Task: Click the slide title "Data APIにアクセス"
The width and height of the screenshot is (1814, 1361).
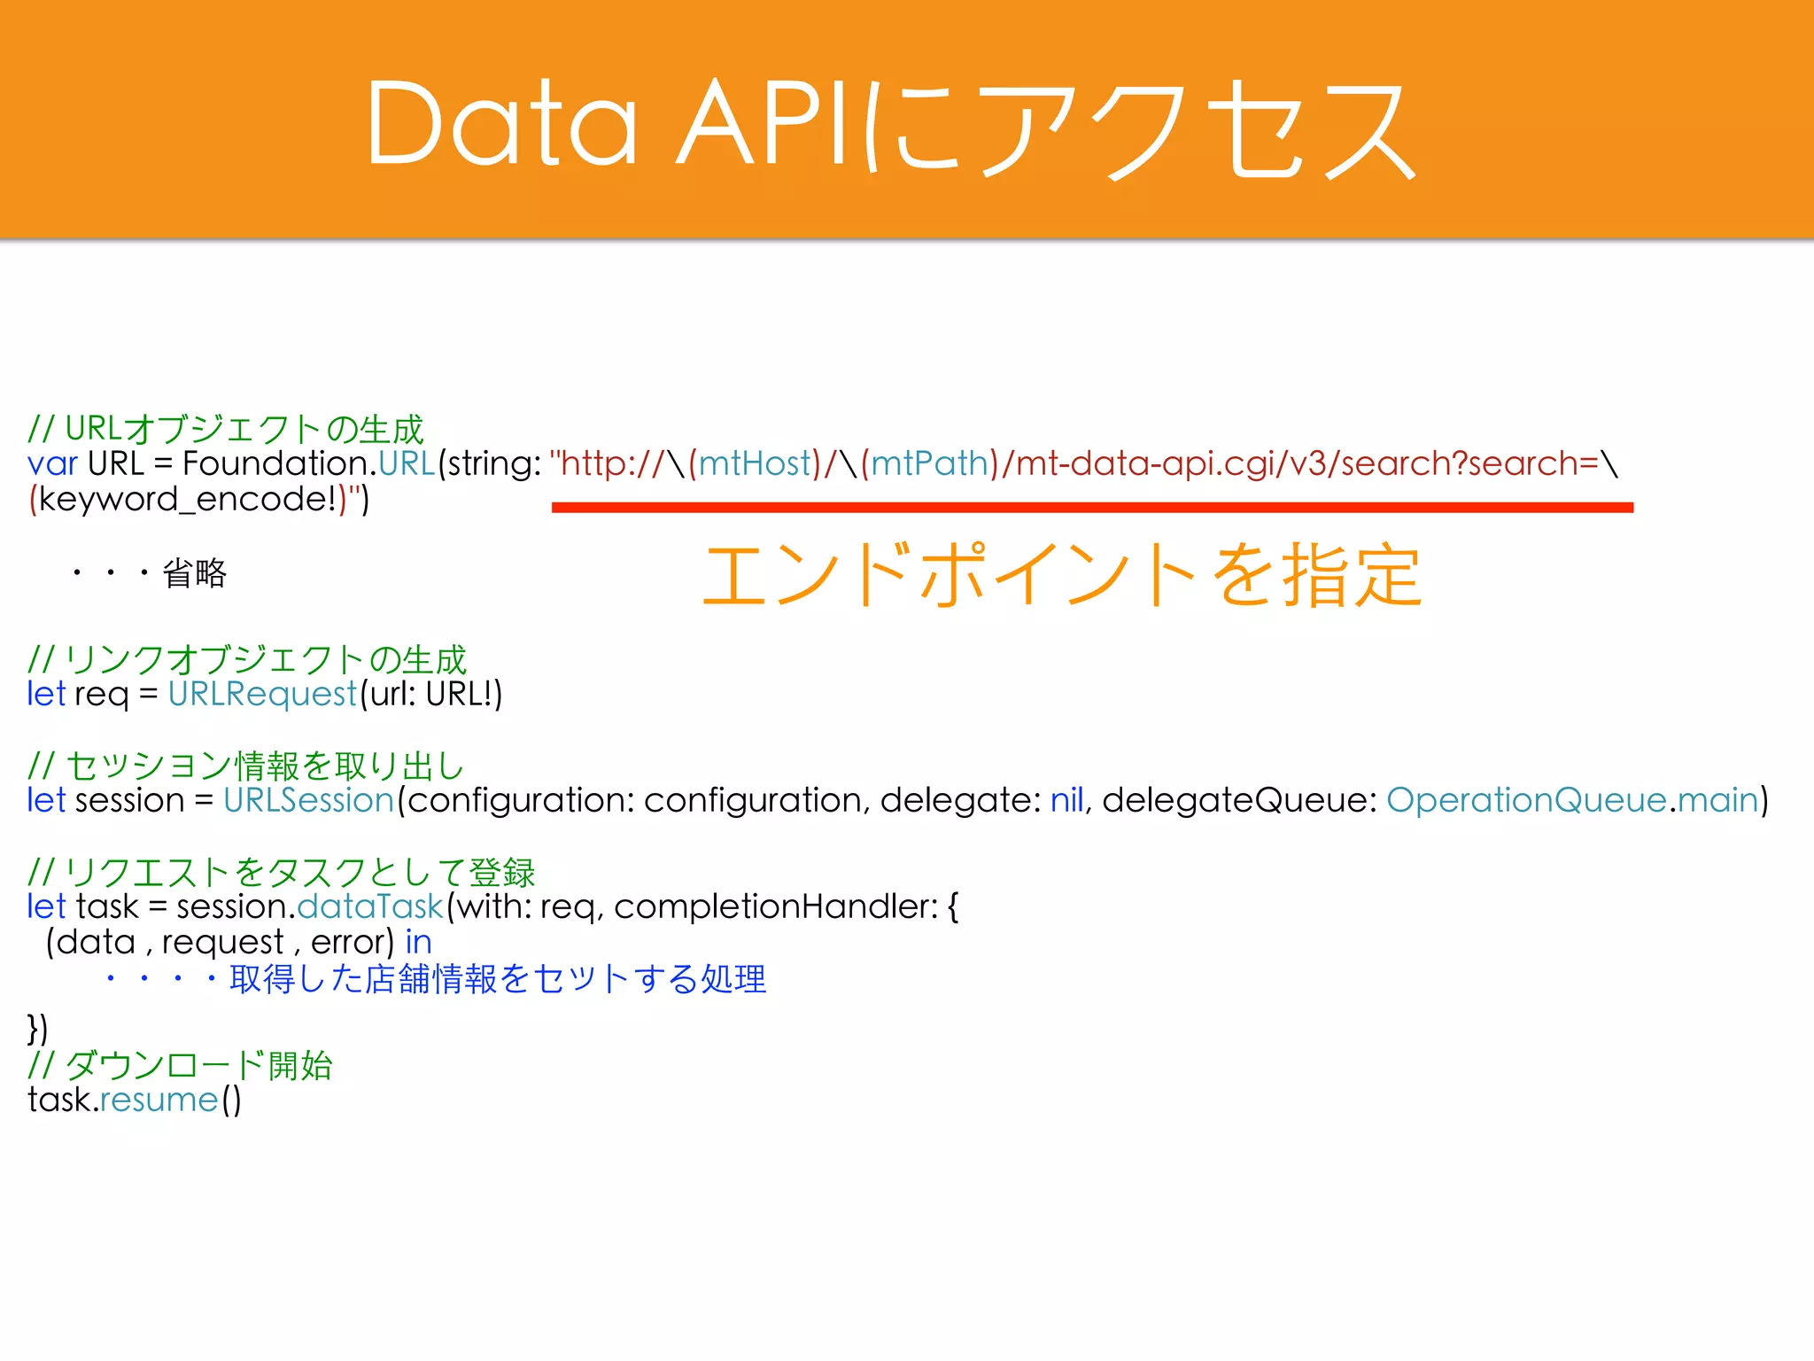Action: click(890, 124)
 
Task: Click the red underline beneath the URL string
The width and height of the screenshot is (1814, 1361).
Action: click(1091, 508)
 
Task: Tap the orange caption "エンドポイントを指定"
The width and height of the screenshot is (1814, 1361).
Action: click(1061, 576)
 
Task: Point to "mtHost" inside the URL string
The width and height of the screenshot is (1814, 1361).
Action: click(755, 463)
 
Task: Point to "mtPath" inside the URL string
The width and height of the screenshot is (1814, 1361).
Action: click(928, 463)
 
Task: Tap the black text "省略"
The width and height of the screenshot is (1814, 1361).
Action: click(194, 573)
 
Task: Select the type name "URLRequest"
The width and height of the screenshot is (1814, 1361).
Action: click(262, 694)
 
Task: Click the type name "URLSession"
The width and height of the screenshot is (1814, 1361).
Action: click(308, 800)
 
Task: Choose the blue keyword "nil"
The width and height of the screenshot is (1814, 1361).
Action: click(1066, 800)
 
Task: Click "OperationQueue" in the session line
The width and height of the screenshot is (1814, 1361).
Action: click(1526, 800)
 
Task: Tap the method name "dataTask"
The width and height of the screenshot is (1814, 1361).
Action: click(369, 906)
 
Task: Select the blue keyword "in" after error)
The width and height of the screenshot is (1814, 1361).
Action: click(418, 942)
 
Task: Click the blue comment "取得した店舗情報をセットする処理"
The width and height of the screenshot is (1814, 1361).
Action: click(498, 979)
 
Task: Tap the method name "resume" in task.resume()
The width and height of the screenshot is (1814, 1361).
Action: click(159, 1100)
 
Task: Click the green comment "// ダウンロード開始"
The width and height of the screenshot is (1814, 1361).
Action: click(180, 1065)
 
